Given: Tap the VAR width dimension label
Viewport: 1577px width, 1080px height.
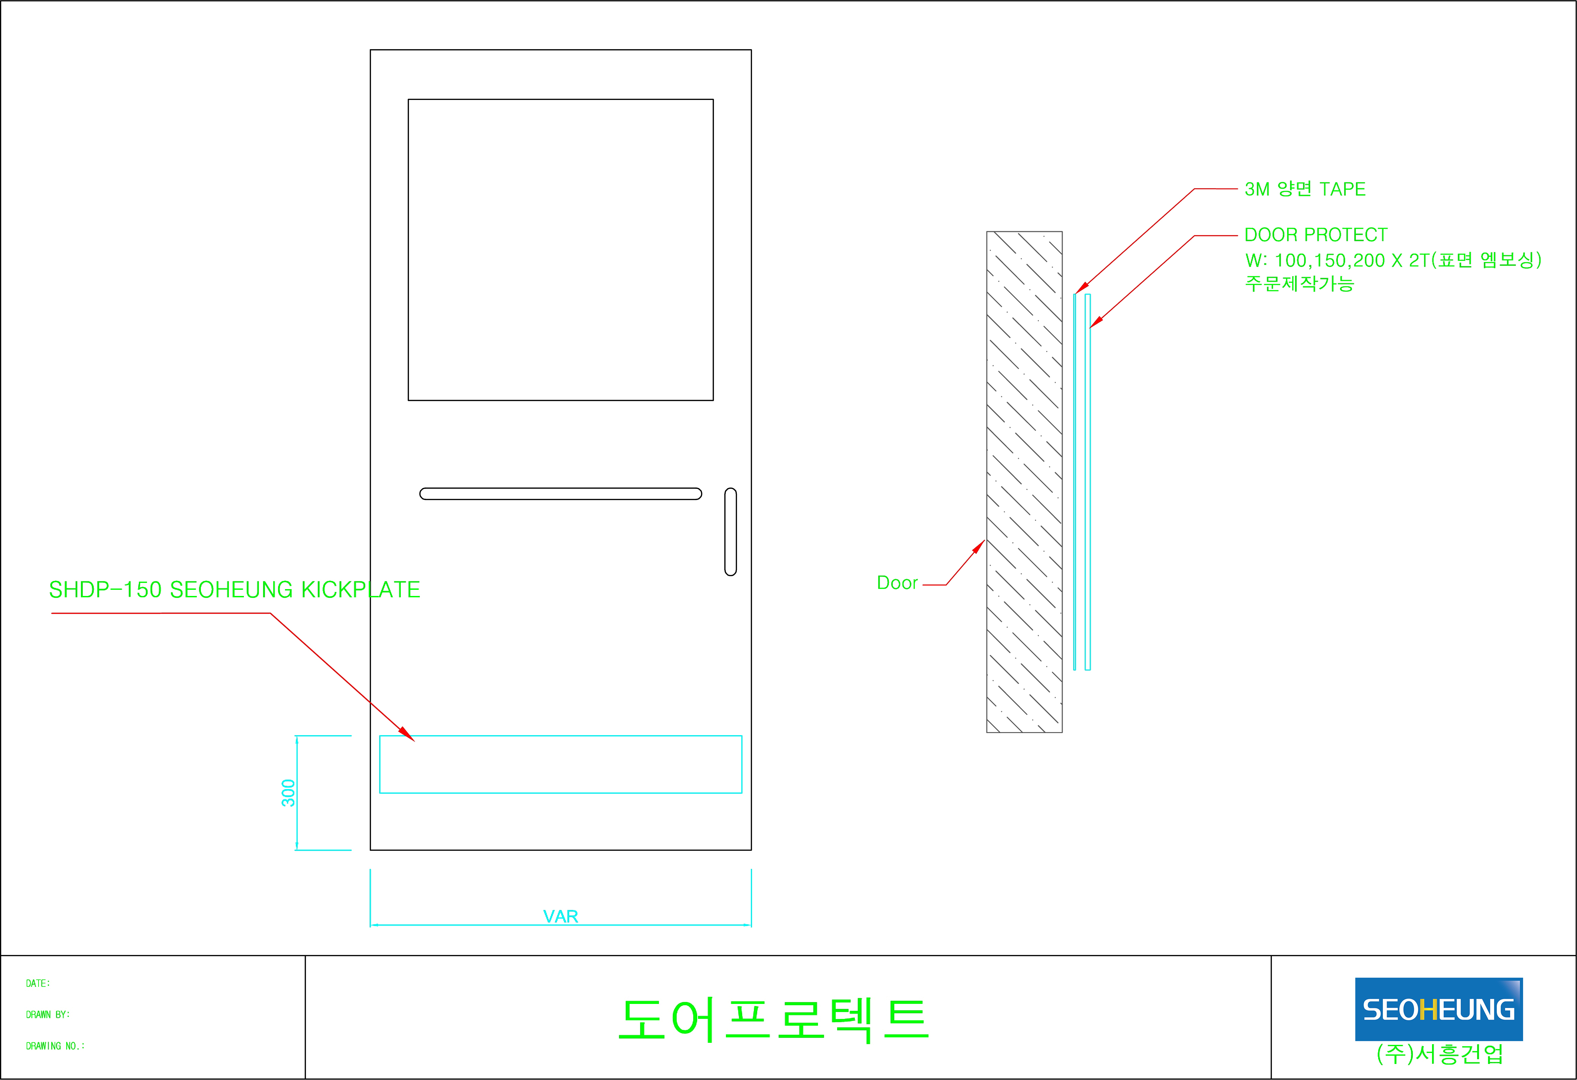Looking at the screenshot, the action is pyautogui.click(x=560, y=917).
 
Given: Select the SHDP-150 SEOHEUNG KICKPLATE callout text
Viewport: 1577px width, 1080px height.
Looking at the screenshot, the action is pyautogui.click(x=235, y=589).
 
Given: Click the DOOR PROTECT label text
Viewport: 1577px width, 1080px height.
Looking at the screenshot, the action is pyautogui.click(x=1316, y=235).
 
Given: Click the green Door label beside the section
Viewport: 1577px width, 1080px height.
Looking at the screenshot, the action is pyautogui.click(x=897, y=583).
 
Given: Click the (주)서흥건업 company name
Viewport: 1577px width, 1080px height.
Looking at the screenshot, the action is pyautogui.click(x=1439, y=1053).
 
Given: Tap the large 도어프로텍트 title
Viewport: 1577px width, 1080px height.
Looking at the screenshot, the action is pyautogui.click(x=774, y=1019).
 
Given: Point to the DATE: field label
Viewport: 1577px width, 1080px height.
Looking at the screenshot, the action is pyautogui.click(x=38, y=983).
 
